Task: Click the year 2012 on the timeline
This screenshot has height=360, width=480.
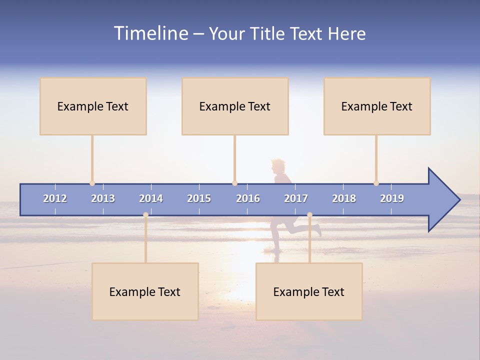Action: coord(55,198)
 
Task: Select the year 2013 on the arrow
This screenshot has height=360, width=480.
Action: coord(103,198)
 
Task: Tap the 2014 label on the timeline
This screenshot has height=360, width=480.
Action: coord(151,198)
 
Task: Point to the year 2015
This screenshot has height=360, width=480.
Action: coord(199,198)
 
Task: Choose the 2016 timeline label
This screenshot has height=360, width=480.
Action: coord(248,198)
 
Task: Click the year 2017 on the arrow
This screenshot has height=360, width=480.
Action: coord(296,198)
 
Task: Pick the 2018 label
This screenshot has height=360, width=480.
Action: coord(344,198)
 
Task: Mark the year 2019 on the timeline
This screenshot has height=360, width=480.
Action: coord(392,198)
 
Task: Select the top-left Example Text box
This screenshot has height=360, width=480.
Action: coord(93,106)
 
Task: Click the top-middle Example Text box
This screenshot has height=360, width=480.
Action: coord(235,106)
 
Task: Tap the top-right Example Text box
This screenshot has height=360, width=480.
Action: coord(377,106)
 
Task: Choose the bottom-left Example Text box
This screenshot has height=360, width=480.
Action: coord(145,291)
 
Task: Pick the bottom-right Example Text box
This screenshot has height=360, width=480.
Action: coord(309,291)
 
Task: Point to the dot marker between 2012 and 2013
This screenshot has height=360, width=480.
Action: coord(92,183)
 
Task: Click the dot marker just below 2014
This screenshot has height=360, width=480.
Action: coord(145,215)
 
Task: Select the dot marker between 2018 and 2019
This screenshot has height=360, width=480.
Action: coord(376,183)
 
